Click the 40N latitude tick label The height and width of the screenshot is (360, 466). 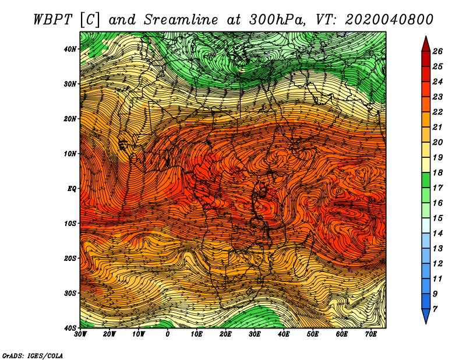click(70, 49)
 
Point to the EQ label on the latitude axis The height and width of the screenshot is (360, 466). click(72, 189)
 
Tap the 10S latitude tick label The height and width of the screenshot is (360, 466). click(70, 223)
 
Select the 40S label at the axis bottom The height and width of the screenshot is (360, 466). click(70, 328)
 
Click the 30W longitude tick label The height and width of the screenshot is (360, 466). click(80, 334)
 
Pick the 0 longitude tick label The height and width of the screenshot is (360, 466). click(168, 334)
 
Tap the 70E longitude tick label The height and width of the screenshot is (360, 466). click(370, 334)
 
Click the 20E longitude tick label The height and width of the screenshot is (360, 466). click(225, 334)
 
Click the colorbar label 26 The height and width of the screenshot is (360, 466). click(437, 51)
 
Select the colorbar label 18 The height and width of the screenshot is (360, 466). click(437, 172)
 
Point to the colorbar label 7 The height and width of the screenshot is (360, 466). click(435, 309)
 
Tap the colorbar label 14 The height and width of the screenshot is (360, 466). click(437, 234)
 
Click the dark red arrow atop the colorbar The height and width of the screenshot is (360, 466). click(426, 44)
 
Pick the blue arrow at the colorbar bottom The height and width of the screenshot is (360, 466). click(426, 316)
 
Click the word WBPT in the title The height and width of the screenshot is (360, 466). click(53, 20)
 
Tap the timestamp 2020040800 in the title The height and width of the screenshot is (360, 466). click(389, 20)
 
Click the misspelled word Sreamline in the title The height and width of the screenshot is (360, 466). click(181, 20)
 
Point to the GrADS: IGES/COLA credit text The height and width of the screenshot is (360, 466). click(33, 356)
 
